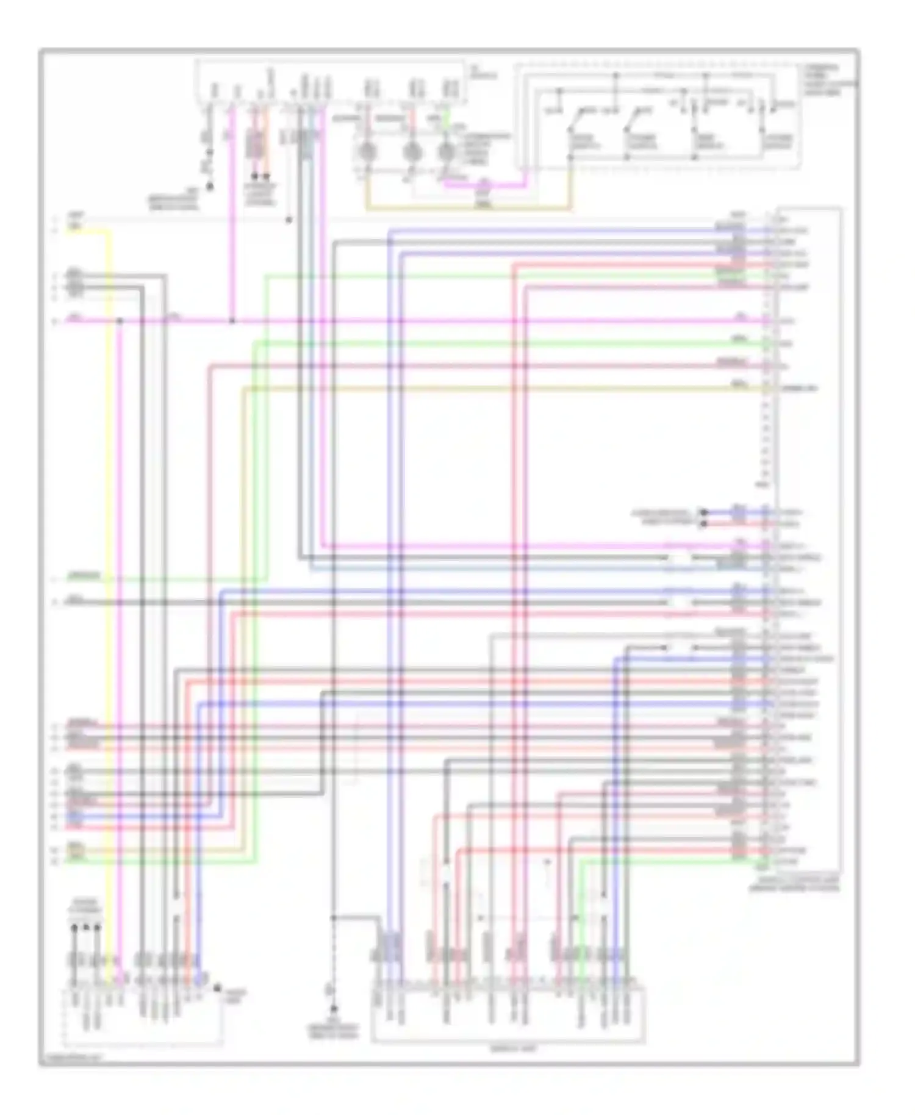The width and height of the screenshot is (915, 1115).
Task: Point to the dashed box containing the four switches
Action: (x=659, y=116)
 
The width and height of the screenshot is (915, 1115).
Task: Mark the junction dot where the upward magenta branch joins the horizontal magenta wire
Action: (x=232, y=320)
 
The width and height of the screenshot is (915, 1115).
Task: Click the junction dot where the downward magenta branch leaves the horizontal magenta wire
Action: (x=120, y=320)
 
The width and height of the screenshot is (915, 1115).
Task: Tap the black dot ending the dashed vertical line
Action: (x=333, y=1009)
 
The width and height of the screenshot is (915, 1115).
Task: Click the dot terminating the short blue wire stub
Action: (x=703, y=512)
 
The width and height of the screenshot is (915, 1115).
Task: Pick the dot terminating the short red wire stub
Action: (x=703, y=523)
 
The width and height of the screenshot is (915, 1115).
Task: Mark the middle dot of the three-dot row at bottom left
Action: (x=86, y=928)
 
